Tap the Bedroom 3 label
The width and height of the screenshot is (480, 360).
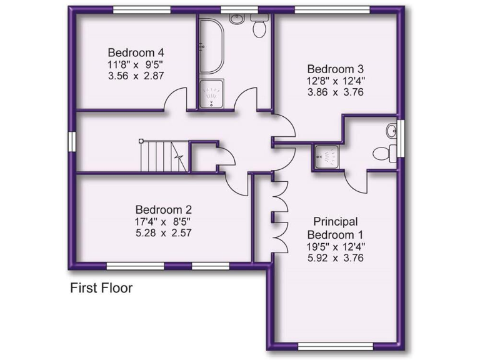click(x=334, y=69)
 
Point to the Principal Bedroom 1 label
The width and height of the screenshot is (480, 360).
click(x=335, y=227)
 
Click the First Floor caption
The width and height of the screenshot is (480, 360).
click(x=101, y=288)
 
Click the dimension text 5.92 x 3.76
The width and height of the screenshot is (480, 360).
click(x=335, y=257)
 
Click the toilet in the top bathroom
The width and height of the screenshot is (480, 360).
click(x=259, y=27)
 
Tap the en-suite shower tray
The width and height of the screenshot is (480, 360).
click(x=325, y=156)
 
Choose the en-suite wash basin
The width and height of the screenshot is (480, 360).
click(x=391, y=131)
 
